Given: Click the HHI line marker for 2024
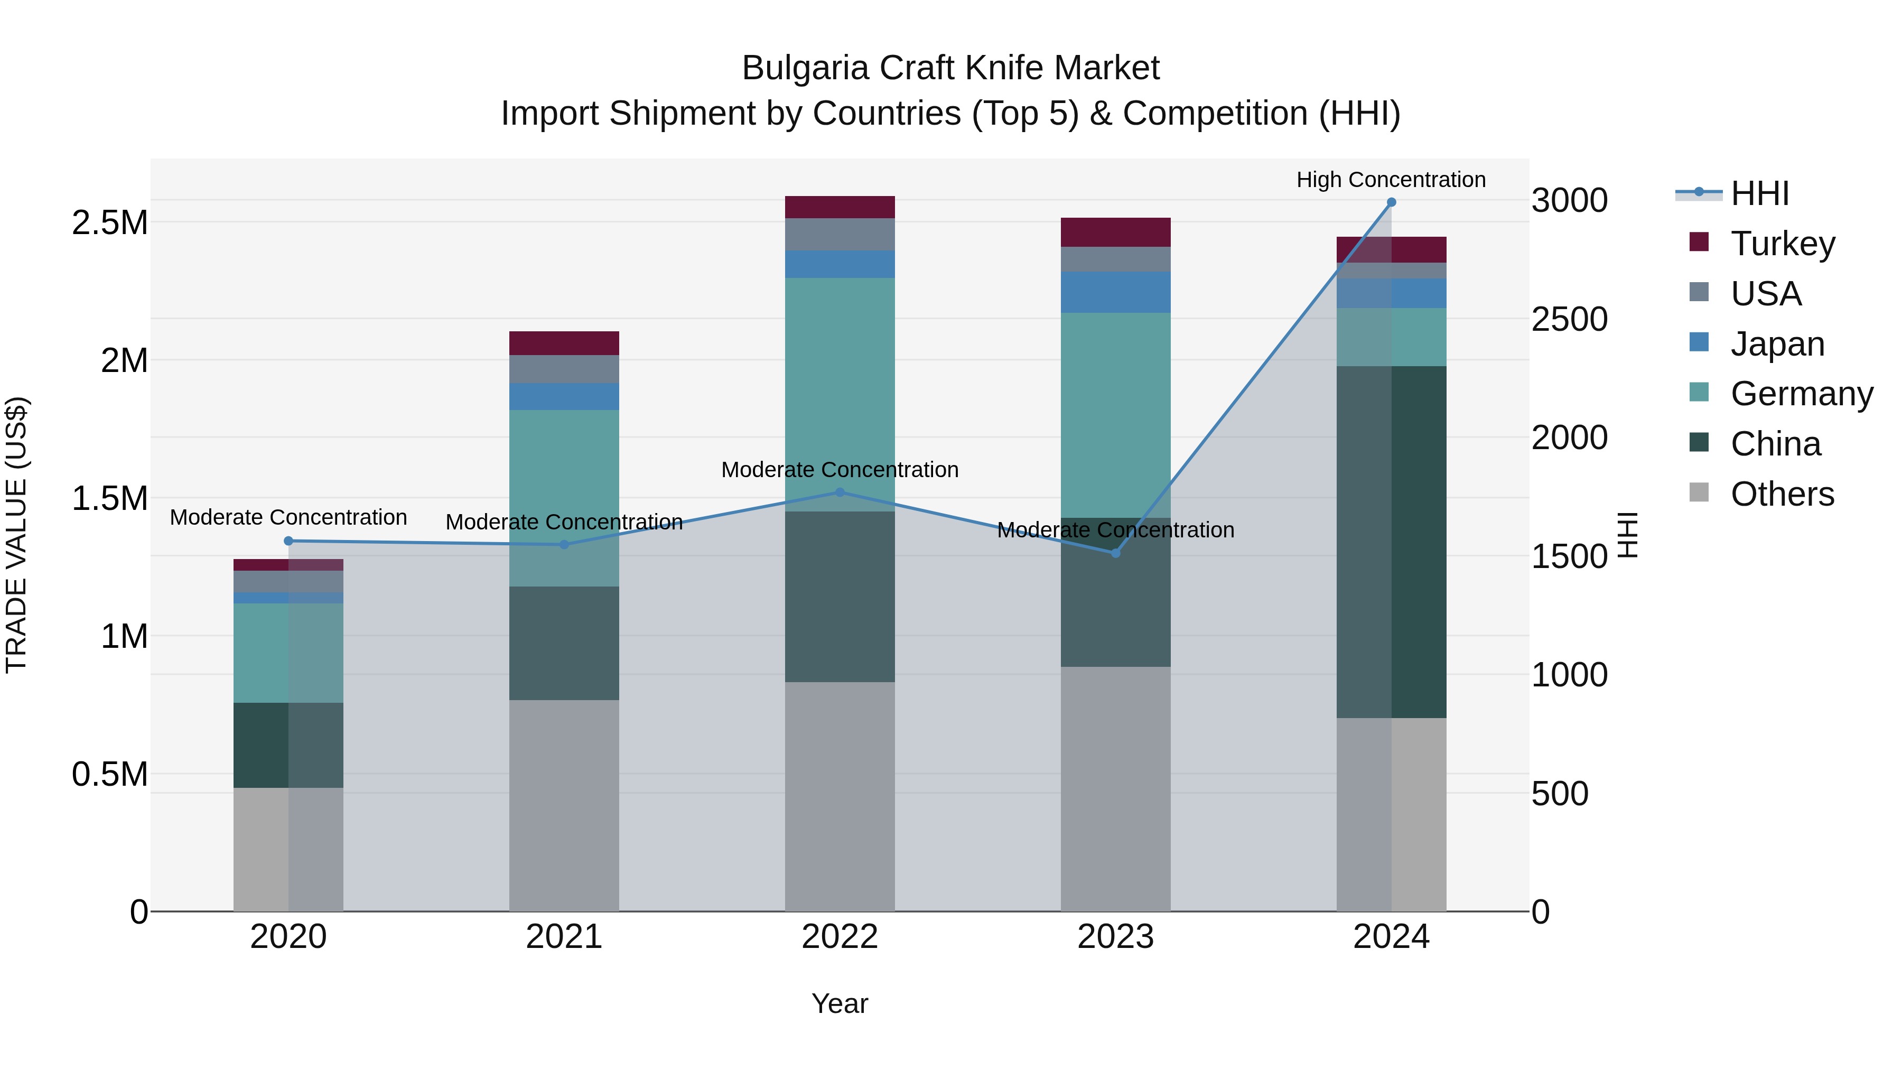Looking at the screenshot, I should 1391,202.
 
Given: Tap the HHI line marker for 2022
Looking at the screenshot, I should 840,492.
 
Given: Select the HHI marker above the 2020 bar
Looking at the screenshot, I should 288,541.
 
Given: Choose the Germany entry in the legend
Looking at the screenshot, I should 1801,394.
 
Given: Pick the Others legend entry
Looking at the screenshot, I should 1782,494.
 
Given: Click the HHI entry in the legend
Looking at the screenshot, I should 1759,193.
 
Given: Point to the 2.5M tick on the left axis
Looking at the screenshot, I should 110,222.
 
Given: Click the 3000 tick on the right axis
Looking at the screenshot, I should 1569,200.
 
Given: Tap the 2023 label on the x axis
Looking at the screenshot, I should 1115,937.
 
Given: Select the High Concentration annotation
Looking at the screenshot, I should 1391,180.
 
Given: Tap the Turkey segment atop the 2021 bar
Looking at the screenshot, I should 564,343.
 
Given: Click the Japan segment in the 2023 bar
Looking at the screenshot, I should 1115,292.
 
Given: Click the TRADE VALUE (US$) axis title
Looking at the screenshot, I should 17,535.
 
